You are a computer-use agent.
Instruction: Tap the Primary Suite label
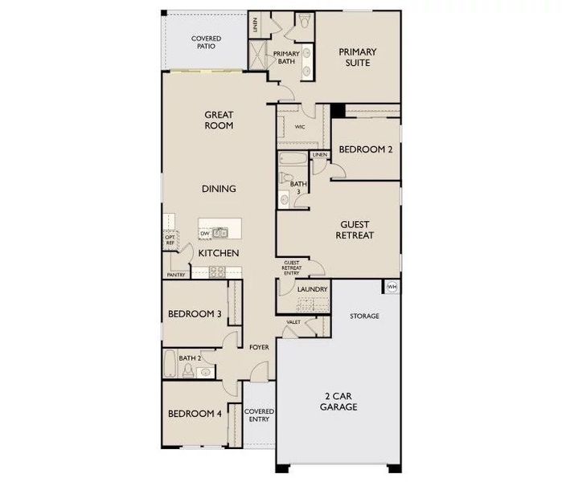click(358, 57)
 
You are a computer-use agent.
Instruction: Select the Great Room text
click(218, 120)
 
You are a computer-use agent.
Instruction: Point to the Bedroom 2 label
click(366, 149)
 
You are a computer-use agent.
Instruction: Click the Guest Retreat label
click(357, 230)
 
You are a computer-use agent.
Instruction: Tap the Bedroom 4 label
click(195, 414)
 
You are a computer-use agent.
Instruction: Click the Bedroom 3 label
click(195, 314)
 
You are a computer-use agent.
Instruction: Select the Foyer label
click(258, 348)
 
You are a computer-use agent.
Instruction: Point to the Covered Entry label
click(259, 415)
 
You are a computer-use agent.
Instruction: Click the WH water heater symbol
click(392, 287)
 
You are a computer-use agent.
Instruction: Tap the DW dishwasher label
click(205, 233)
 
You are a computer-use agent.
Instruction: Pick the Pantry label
click(176, 275)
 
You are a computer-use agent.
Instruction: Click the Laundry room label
click(311, 289)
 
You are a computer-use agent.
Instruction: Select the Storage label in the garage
click(364, 316)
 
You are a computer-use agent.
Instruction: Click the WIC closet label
click(299, 126)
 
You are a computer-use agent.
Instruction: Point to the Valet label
click(293, 322)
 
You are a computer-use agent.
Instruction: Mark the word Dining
click(219, 189)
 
